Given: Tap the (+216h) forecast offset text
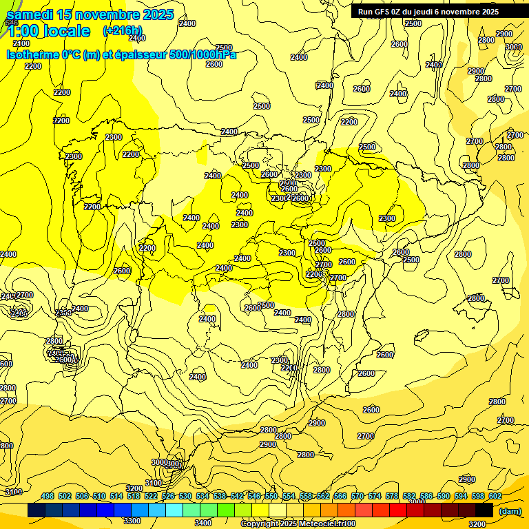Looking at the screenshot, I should point(123,31).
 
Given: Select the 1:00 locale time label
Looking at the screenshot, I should point(48,31).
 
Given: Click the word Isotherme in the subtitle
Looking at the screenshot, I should point(34,54).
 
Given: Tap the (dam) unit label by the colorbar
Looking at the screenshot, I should point(509,510).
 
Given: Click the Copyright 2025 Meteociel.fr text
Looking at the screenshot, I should point(298,524).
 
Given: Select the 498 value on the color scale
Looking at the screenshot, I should point(48,496).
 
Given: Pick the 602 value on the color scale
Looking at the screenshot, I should point(495,496).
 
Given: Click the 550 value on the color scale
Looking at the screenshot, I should point(271,496).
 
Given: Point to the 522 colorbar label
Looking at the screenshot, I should point(151,496).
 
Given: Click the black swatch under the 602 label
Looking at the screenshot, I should point(484,510).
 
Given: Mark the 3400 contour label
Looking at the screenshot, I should point(203,523).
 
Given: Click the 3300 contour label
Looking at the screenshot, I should point(132,521).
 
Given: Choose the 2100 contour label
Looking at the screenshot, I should point(21,43).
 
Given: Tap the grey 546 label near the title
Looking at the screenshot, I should point(11,23).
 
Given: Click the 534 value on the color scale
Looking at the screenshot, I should point(203,496).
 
